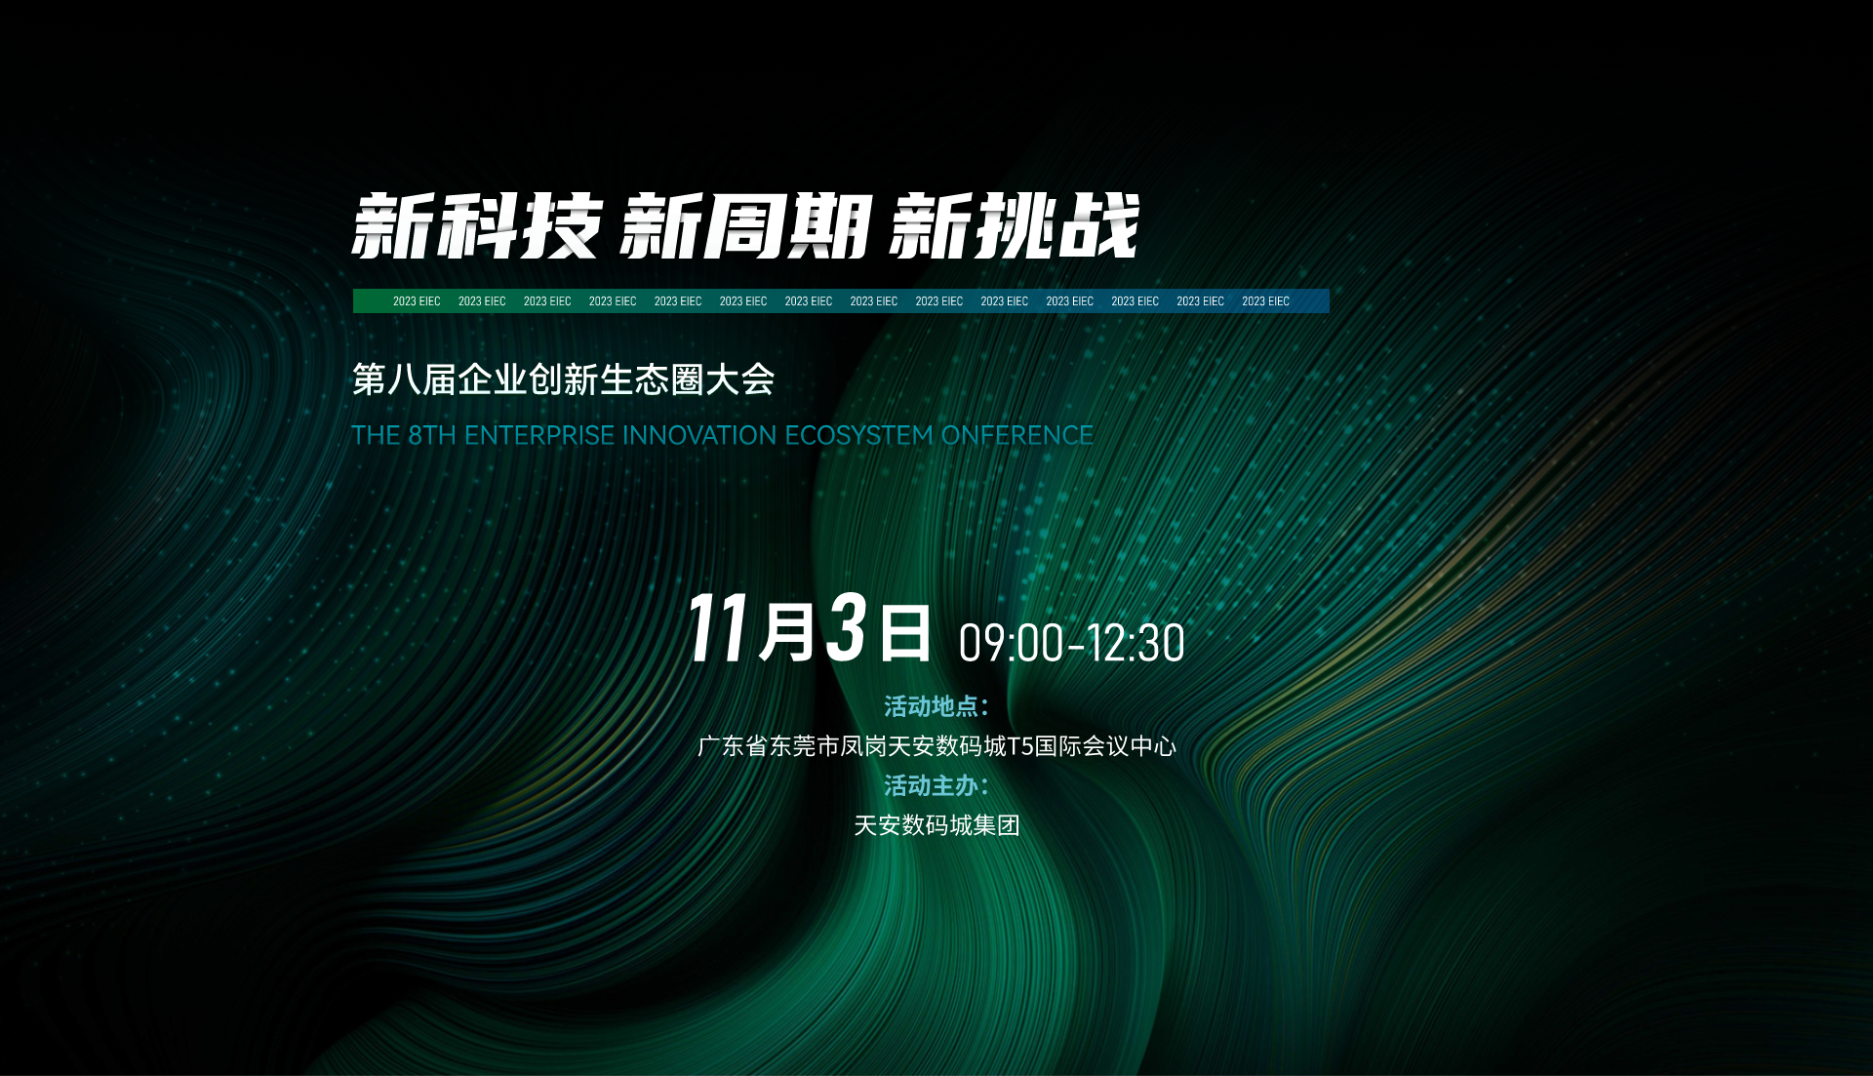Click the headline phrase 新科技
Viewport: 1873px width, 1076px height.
point(477,226)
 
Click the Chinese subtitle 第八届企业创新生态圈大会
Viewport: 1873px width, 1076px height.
point(564,379)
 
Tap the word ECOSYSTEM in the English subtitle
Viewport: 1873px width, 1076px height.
point(859,435)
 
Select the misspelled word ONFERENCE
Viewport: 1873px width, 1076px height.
point(1017,435)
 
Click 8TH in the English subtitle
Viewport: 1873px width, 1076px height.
point(432,435)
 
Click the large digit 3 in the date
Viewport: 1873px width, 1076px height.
point(847,628)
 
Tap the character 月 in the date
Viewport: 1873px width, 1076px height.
point(788,631)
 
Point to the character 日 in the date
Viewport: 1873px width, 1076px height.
point(905,632)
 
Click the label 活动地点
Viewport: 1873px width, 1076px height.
point(931,706)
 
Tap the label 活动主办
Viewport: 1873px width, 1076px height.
point(931,785)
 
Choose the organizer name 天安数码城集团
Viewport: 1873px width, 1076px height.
point(936,825)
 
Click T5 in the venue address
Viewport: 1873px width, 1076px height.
point(1020,746)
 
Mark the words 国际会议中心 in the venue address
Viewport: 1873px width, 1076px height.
point(1105,746)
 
